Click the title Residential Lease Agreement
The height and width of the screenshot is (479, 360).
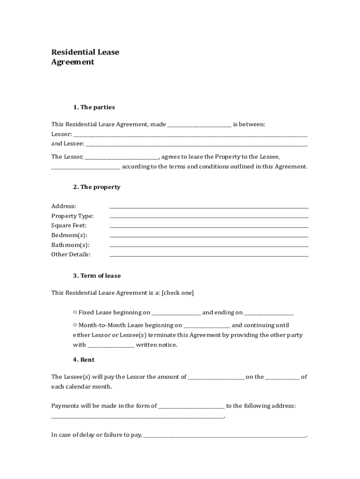(85, 57)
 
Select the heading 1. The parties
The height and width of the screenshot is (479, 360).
(94, 107)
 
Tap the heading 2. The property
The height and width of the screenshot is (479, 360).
(96, 187)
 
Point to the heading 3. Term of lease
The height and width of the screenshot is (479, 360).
(97, 276)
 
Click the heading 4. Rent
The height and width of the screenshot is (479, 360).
(84, 360)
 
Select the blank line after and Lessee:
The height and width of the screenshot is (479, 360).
(197, 145)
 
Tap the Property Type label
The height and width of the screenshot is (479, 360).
(72, 216)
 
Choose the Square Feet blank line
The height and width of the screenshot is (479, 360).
(209, 226)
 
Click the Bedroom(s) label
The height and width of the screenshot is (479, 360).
(69, 235)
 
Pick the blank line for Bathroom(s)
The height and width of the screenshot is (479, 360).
(209, 246)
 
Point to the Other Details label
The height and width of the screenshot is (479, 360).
(71, 254)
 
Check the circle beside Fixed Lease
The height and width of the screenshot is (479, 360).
(75, 312)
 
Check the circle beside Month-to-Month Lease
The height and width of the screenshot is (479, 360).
(75, 325)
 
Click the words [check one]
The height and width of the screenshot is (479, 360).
(178, 293)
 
